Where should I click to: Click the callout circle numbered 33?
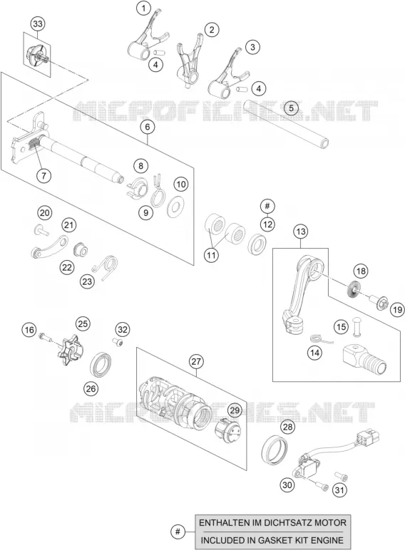tap(38, 24)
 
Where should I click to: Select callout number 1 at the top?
tap(143, 8)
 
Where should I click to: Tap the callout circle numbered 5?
tap(291, 108)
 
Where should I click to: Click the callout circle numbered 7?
tap(44, 175)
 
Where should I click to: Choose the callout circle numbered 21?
tap(69, 225)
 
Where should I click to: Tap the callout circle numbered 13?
tap(301, 232)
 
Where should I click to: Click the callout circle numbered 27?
tap(196, 361)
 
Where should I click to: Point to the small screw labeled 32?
tap(118, 342)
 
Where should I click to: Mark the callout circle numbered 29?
tap(235, 410)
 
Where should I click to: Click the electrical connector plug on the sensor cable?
tap(368, 437)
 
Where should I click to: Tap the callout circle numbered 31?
tap(339, 489)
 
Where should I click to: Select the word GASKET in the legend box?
tap(277, 540)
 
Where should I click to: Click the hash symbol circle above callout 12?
tap(267, 206)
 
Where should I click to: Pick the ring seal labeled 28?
tap(275, 449)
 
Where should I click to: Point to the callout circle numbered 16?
tap(29, 330)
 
